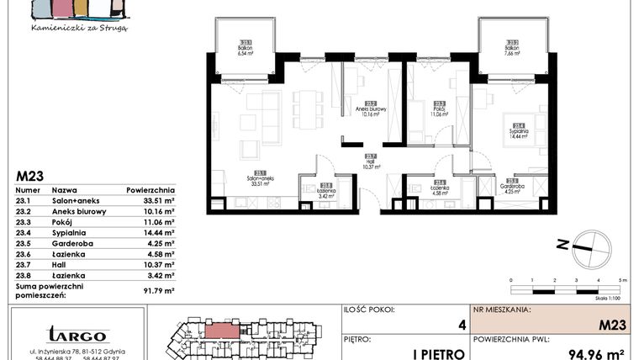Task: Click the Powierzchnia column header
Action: click(x=151, y=190)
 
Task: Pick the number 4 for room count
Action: click(x=460, y=324)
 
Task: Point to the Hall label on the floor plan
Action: click(x=371, y=161)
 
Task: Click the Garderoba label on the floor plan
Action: click(x=512, y=187)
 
